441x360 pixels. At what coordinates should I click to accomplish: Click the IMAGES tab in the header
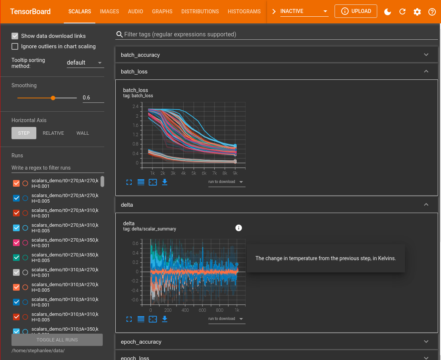coord(109,12)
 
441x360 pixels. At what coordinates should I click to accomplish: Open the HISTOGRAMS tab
coord(244,12)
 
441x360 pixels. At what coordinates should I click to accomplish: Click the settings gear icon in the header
coord(417,12)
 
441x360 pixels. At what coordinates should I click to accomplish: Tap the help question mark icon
coord(432,12)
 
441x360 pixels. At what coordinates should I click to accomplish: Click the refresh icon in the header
coord(402,12)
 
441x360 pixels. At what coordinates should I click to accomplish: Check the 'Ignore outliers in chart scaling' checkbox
coord(15,46)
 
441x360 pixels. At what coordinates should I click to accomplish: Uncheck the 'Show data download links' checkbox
coord(15,36)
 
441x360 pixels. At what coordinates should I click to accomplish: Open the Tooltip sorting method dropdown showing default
coord(85,63)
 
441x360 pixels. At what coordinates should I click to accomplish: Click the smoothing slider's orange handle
coord(53,98)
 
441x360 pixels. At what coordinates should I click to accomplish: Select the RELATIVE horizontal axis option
coord(53,133)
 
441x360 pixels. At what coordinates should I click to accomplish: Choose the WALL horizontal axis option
coord(83,133)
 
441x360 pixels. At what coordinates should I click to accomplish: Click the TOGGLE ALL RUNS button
coord(57,340)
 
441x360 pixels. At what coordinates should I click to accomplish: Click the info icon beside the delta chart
coord(239,228)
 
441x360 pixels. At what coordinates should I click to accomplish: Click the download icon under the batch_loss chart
coord(165,182)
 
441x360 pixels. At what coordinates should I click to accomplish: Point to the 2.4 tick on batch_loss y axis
coord(135,107)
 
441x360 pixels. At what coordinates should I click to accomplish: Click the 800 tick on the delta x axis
coord(220,310)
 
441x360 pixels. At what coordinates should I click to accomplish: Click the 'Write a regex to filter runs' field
coord(57,168)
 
